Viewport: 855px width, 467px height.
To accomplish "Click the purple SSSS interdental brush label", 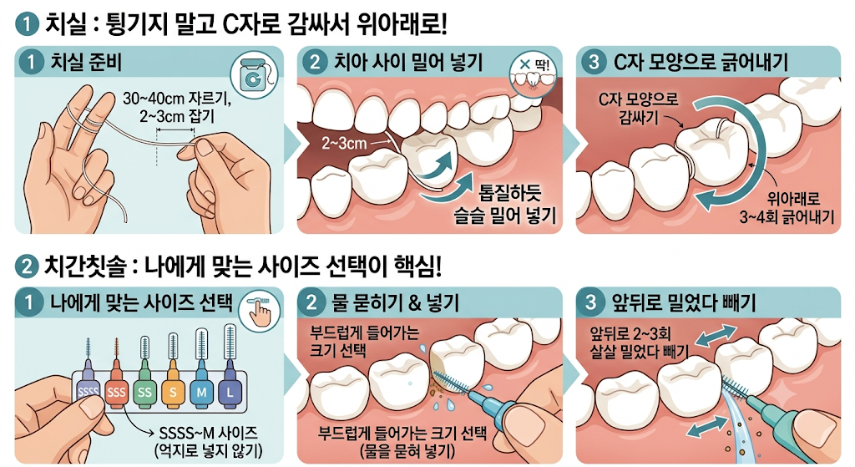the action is coord(88,392).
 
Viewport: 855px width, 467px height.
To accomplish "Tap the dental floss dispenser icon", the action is coord(253,76).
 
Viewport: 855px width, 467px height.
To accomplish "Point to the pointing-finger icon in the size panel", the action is coord(260,312).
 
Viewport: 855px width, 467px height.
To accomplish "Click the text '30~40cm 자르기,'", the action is coord(177,99).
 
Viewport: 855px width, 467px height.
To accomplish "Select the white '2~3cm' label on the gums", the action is coord(344,143).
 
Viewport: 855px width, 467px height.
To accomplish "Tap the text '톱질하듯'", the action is coord(510,193).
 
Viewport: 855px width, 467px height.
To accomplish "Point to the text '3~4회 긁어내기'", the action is coord(787,216).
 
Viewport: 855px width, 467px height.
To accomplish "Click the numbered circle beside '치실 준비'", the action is coord(31,62).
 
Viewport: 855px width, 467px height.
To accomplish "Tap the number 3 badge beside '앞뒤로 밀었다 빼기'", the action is coord(592,302).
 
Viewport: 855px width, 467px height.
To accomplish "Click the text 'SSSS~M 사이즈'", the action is coord(208,434).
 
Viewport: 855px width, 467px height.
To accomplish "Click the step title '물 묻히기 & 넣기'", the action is coord(396,302).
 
